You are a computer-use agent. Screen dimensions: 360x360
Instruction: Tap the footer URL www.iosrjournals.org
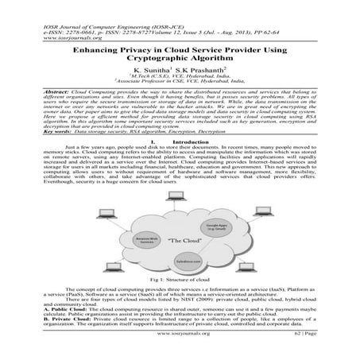tap(180, 348)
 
